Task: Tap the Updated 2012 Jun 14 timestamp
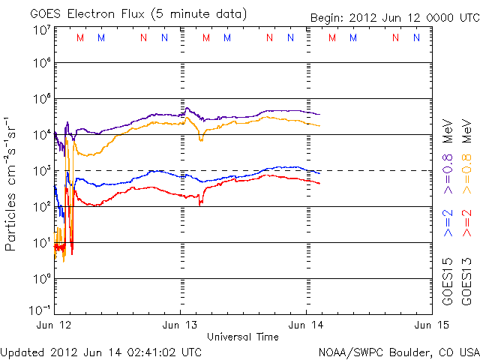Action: tap(101, 351)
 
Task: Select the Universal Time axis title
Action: tap(242, 337)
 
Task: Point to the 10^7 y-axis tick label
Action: tap(41, 30)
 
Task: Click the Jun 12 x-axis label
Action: tap(55, 325)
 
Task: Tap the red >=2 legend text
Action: tap(466, 223)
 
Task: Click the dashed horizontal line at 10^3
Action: tap(375, 171)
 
